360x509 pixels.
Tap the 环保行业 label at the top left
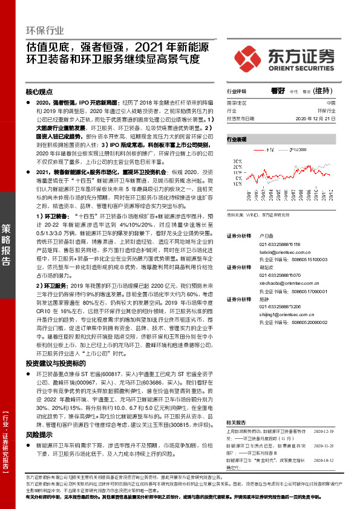pos(44,30)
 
